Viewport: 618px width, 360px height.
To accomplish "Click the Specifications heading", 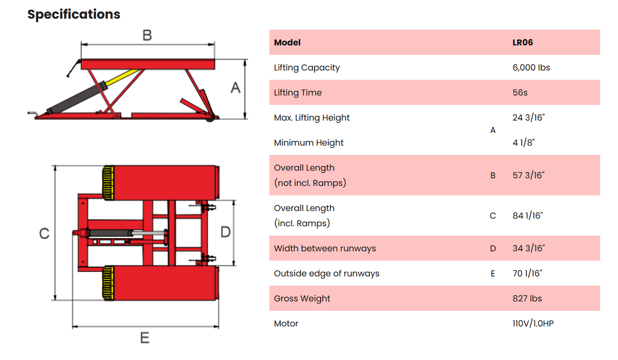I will [x=74, y=14].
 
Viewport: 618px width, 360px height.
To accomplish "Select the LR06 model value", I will [x=522, y=43].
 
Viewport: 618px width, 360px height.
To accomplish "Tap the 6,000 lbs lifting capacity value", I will [x=531, y=68].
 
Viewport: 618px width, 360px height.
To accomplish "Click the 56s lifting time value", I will [x=520, y=93].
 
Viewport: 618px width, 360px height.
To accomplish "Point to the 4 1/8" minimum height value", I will [x=523, y=143].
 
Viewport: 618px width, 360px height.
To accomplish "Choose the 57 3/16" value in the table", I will [x=528, y=175].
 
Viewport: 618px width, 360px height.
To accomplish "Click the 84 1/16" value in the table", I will [x=528, y=215].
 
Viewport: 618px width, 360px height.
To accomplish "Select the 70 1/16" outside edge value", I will [x=527, y=273].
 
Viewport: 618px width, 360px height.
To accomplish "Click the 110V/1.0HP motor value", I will [x=533, y=323].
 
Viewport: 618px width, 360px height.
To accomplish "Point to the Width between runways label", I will [x=325, y=248].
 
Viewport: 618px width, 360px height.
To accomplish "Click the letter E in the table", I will [x=492, y=274].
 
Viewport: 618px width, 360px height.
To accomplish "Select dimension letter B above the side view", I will [x=147, y=35].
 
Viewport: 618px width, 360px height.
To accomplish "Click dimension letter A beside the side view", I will [x=235, y=88].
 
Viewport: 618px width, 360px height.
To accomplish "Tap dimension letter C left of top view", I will [x=44, y=233].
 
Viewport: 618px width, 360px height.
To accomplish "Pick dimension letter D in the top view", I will [x=225, y=232].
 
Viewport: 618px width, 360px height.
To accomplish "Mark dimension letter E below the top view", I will [x=145, y=338].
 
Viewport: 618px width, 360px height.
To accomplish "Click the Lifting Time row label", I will [x=297, y=93].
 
